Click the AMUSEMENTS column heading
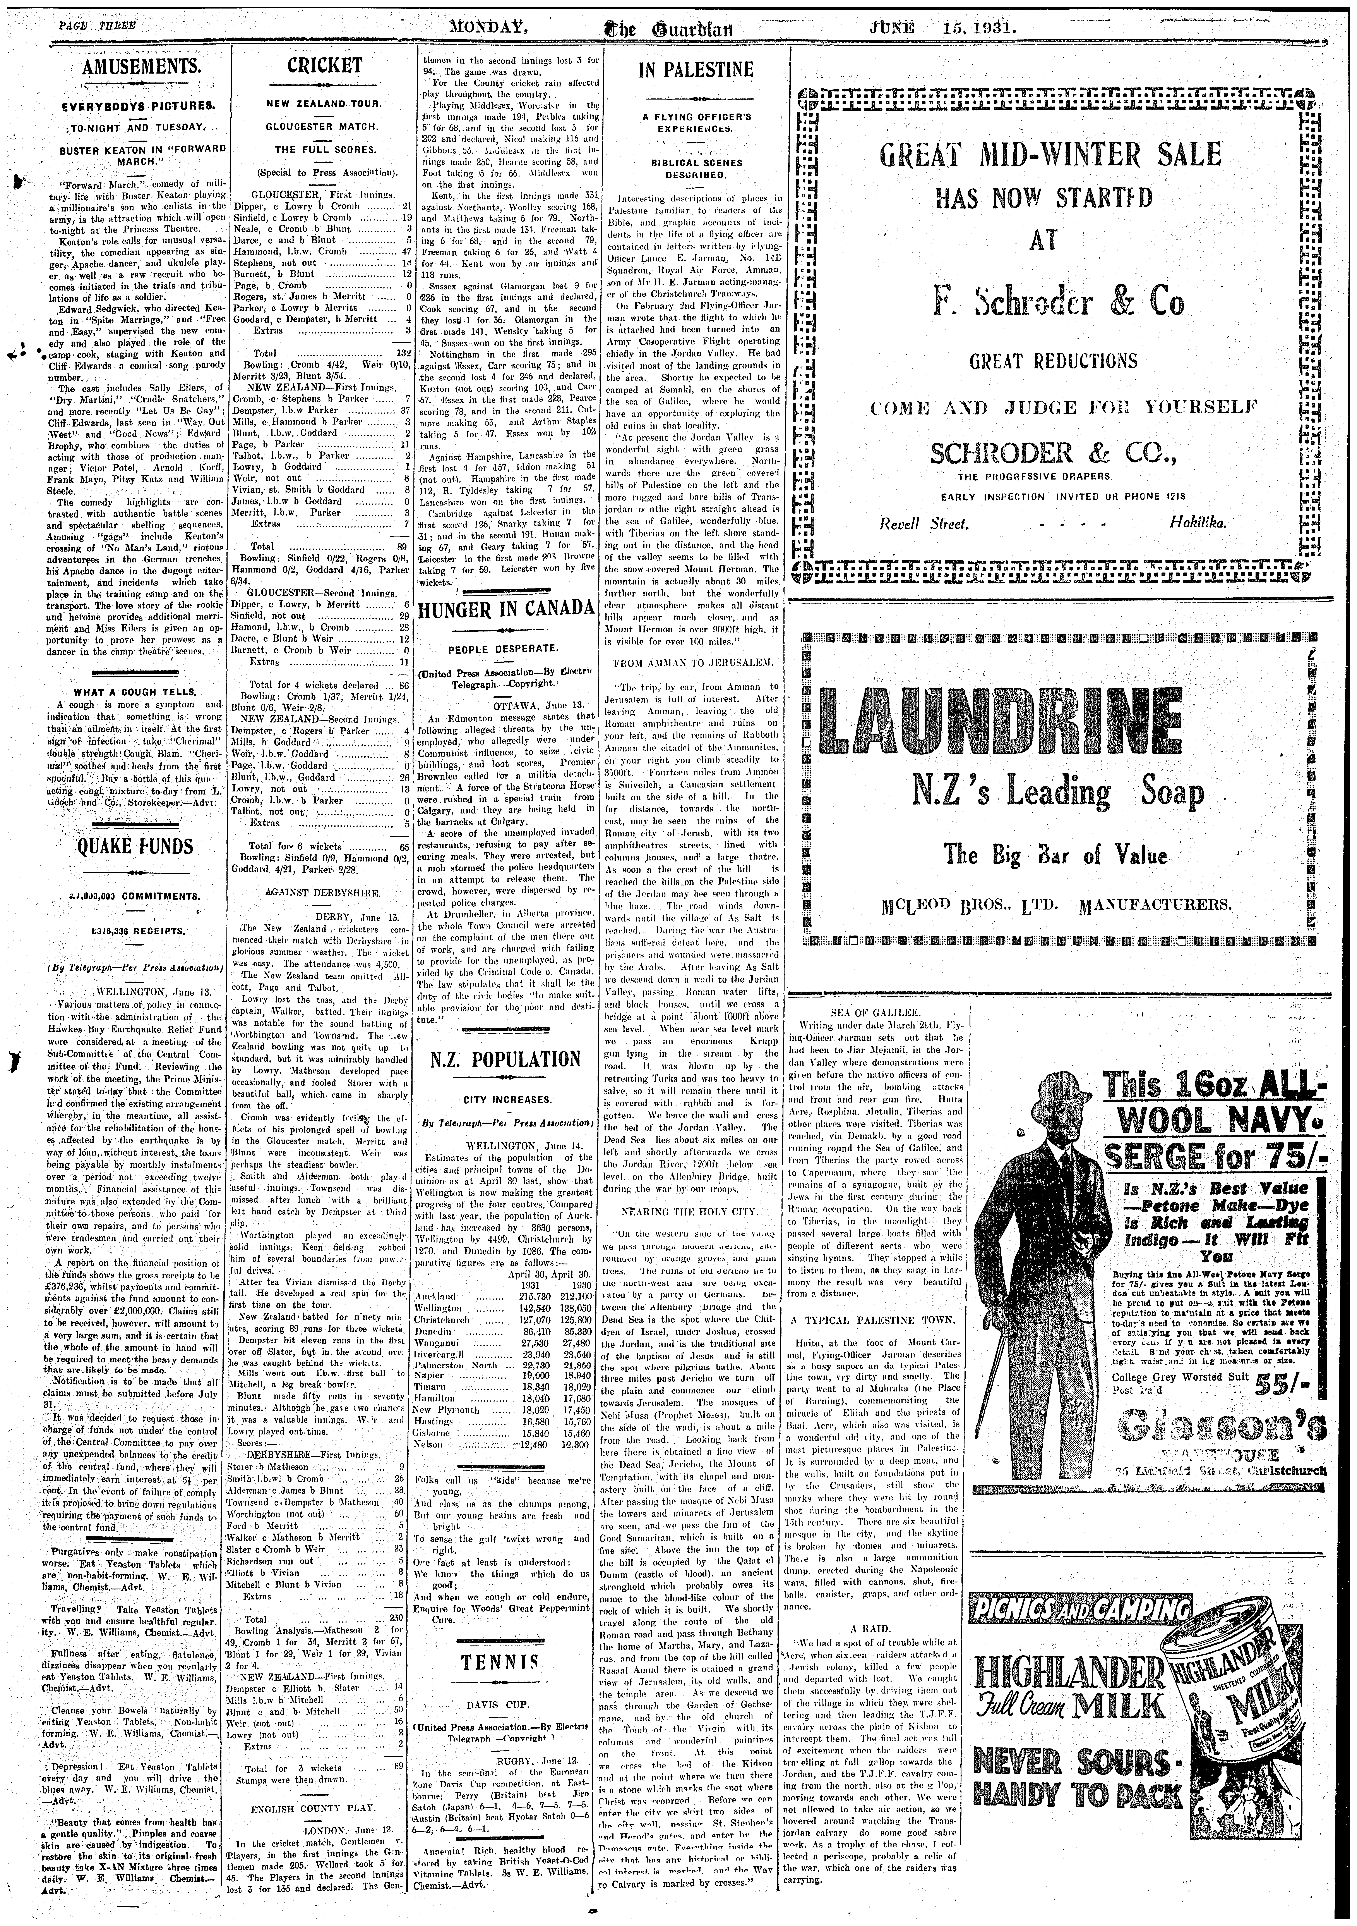point(140,67)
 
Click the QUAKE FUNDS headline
point(135,846)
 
